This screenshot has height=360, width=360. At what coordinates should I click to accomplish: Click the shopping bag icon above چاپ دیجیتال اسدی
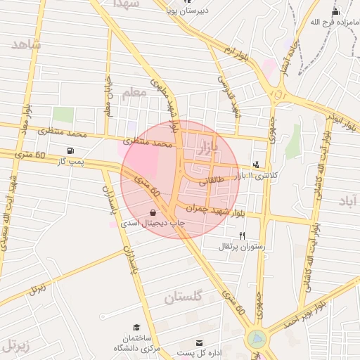click(x=153, y=212)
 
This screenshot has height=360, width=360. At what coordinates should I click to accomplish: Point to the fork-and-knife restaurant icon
click(x=243, y=236)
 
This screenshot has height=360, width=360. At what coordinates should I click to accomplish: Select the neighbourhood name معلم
click(x=133, y=94)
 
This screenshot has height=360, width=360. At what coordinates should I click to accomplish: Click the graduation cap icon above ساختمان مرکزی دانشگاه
click(x=136, y=328)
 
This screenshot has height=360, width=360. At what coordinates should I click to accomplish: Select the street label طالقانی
click(x=211, y=181)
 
